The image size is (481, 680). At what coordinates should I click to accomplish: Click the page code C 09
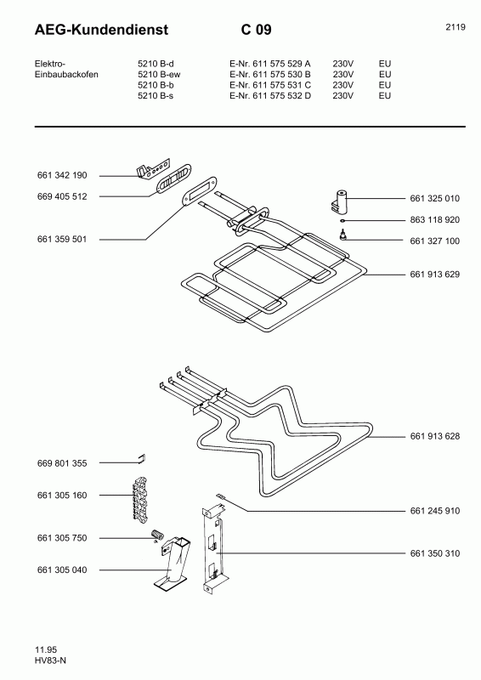click(x=255, y=30)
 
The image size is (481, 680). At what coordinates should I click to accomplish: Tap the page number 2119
click(x=455, y=27)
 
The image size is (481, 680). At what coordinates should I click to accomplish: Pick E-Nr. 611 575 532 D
click(x=270, y=96)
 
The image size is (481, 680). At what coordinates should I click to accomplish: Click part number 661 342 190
click(x=62, y=176)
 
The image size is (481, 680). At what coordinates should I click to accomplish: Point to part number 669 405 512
click(x=62, y=196)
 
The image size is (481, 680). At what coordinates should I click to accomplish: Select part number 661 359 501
click(x=62, y=240)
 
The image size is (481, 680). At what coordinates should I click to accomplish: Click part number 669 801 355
click(x=62, y=463)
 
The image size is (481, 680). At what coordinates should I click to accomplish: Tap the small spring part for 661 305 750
click(x=156, y=535)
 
